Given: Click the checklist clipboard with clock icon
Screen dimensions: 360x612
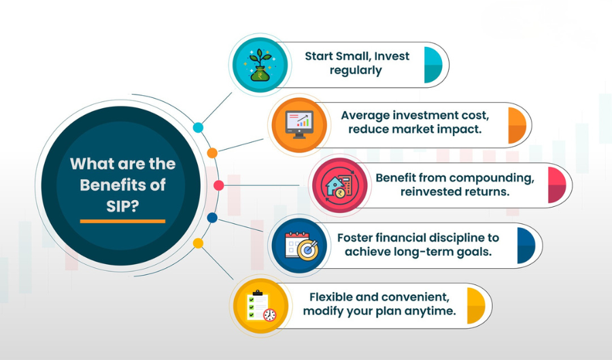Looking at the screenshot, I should tap(260, 307).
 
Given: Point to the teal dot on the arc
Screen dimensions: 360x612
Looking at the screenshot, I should tap(199, 127).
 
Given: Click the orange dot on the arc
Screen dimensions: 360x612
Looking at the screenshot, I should tap(212, 152).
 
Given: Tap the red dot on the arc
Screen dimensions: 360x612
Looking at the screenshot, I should tap(218, 185).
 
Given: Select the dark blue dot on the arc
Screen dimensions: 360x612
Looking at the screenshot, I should tap(212, 218).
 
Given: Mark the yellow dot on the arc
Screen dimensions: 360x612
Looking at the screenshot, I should tap(199, 243).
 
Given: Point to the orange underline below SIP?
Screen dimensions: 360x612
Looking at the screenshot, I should tap(122, 221).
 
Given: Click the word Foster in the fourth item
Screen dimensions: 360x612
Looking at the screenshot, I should tap(357, 238).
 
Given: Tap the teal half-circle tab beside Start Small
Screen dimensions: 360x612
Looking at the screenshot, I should tap(432, 65).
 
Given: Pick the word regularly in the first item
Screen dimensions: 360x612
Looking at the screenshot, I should tap(356, 71).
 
